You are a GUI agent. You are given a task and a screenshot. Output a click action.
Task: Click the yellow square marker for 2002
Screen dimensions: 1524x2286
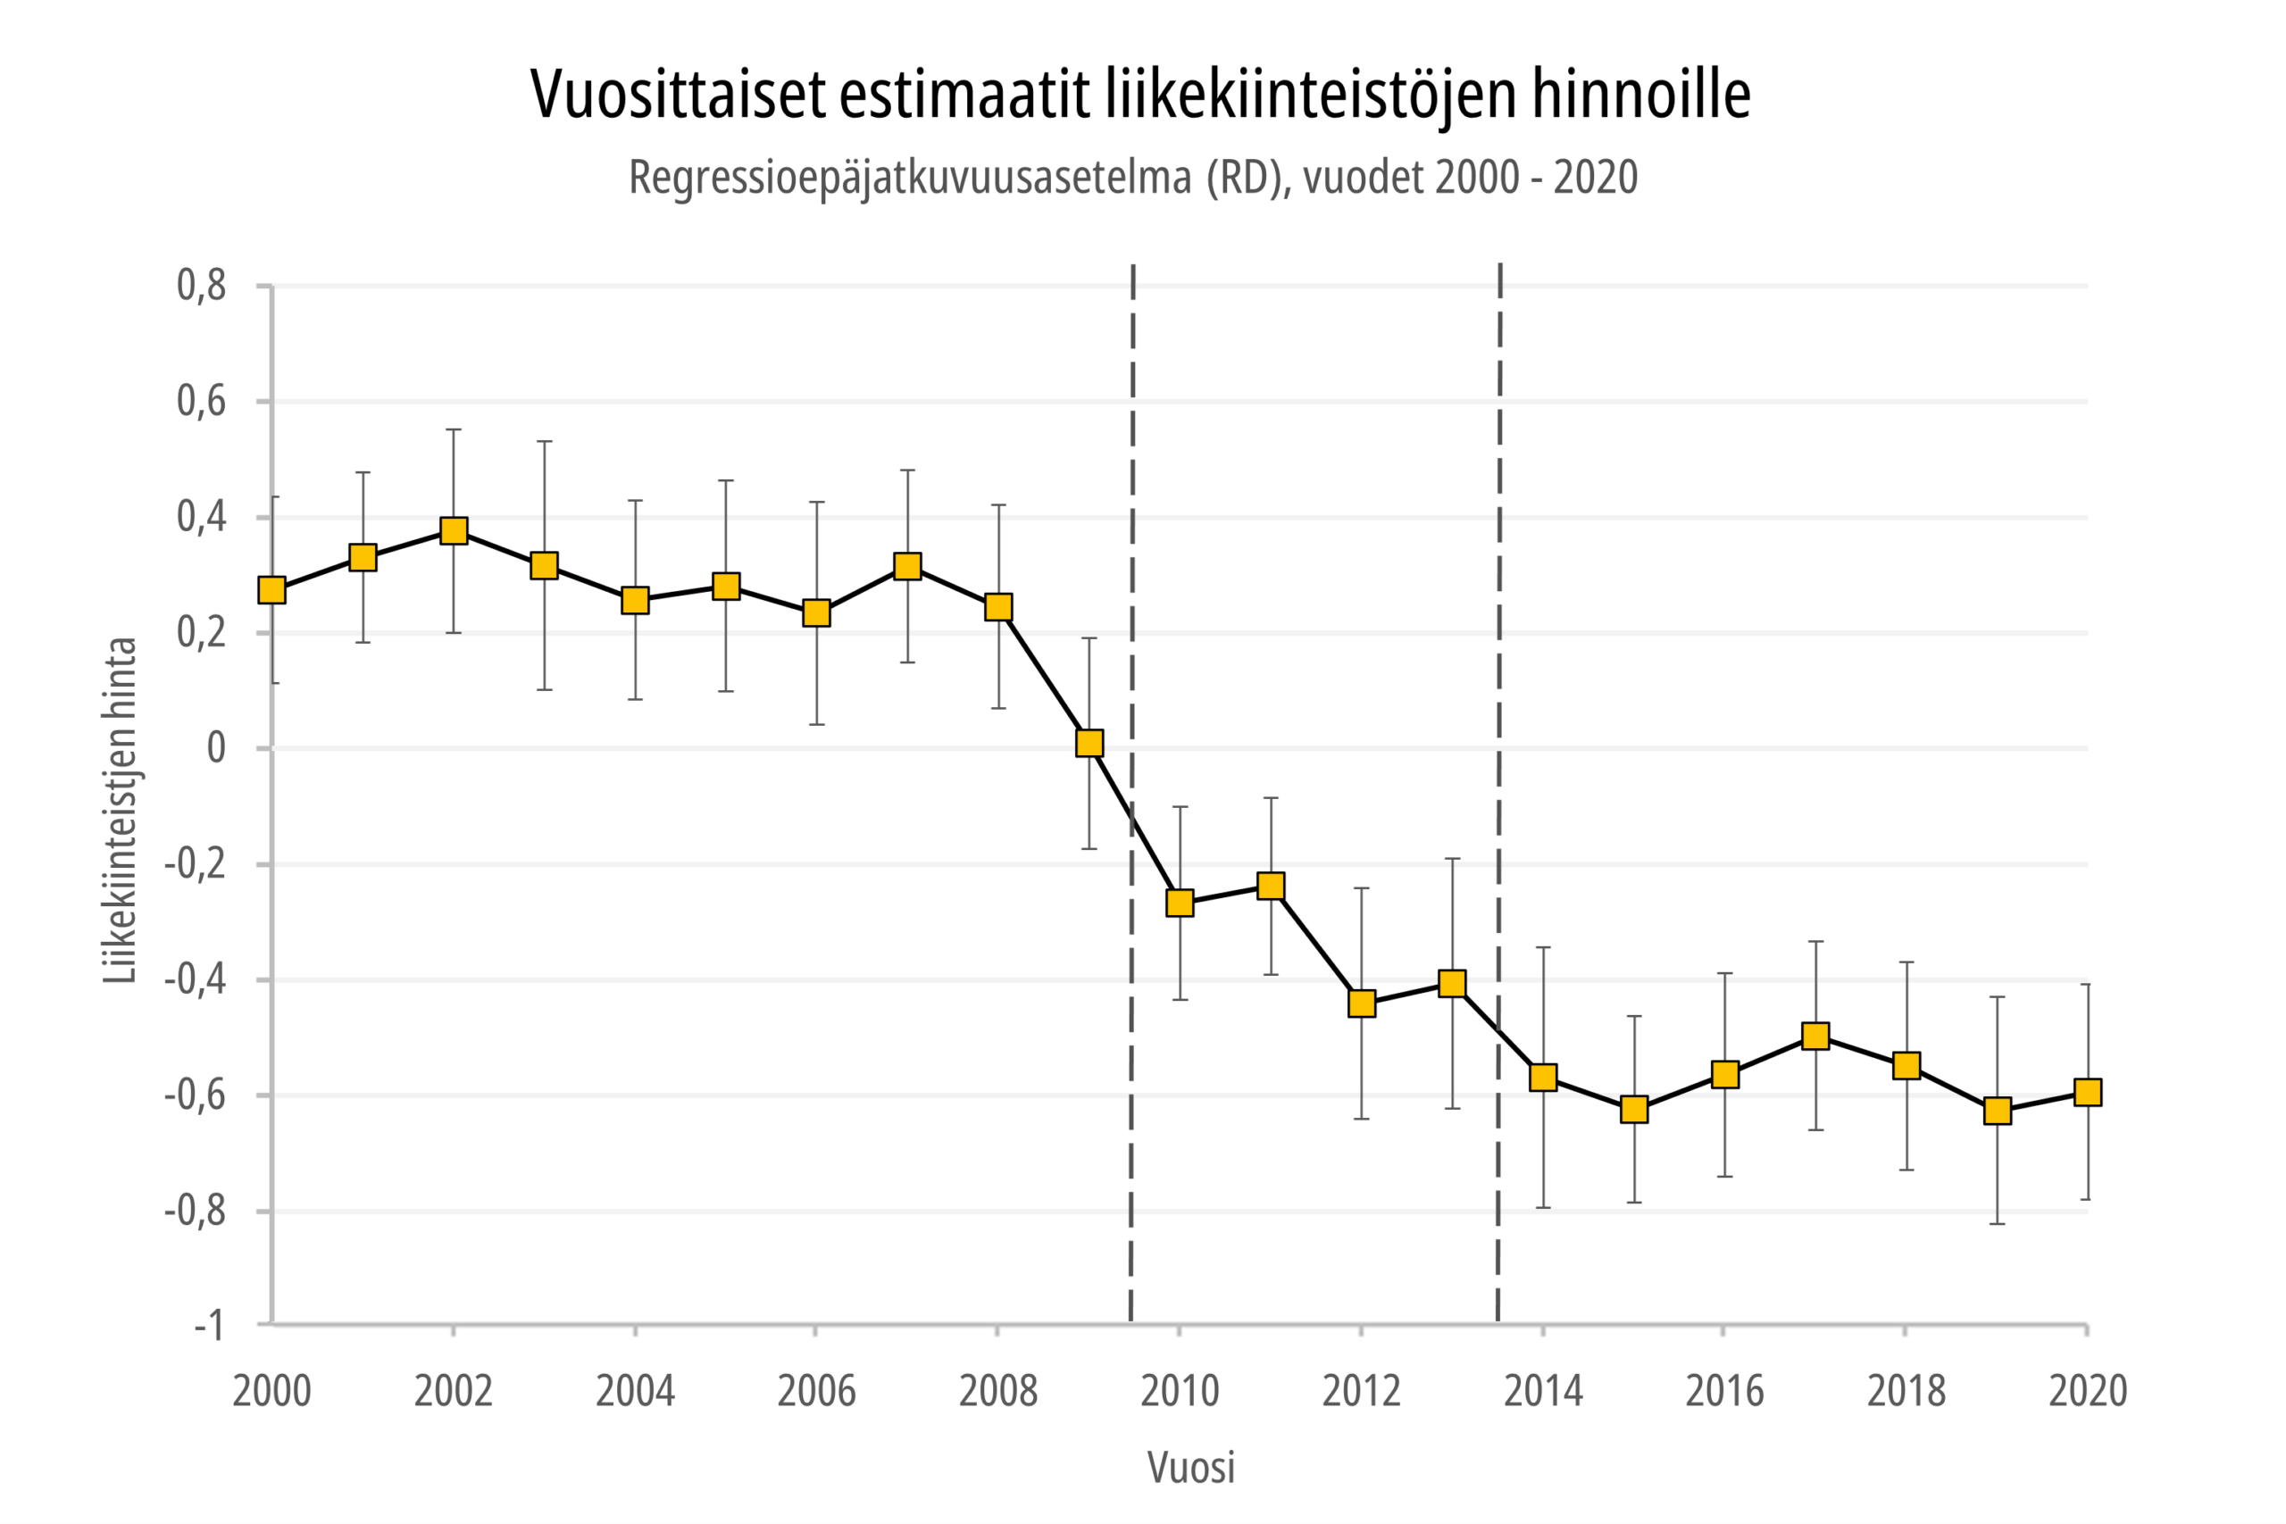454,530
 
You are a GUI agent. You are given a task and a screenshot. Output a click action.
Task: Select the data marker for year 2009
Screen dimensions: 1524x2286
1089,743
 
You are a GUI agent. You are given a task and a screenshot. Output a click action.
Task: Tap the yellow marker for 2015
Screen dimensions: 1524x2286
1635,1109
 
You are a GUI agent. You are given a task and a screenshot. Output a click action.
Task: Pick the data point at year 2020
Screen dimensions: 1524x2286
2088,1092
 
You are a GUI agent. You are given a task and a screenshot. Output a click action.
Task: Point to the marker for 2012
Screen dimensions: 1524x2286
1362,1002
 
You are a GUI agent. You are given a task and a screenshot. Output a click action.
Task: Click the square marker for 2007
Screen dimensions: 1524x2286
908,566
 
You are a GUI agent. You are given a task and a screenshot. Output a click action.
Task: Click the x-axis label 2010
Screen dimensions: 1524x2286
1179,1391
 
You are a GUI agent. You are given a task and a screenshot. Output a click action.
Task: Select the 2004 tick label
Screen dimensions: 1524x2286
635,1391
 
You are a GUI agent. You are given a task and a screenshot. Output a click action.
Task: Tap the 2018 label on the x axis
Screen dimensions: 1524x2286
1906,1391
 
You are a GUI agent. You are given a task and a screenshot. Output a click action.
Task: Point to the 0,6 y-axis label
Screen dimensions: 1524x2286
201,402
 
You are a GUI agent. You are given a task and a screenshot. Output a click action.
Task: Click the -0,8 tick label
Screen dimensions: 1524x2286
195,1211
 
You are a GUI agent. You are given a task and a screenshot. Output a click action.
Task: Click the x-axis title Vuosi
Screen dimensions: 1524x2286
1190,1468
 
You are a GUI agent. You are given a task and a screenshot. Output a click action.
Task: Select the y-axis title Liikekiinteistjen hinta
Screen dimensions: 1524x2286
121,810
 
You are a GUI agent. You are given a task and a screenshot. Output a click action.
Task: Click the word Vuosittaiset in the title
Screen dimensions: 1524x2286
678,95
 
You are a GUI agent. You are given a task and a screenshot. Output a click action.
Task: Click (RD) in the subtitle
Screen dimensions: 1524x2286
1247,178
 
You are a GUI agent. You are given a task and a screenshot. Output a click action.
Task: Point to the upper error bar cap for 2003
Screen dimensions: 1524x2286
545,441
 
